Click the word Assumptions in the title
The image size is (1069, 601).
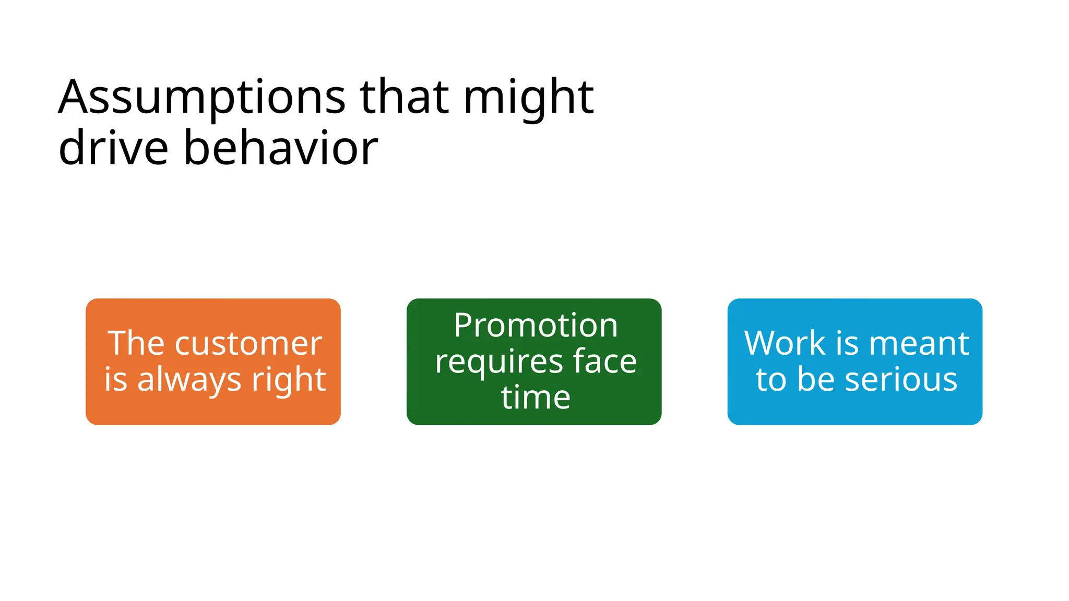pyautogui.click(x=201, y=98)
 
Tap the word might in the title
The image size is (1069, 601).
pyautogui.click(x=528, y=98)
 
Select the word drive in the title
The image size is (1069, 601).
pyautogui.click(x=113, y=149)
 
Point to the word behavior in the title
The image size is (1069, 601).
pyautogui.click(x=281, y=149)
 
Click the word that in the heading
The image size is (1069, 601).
pyautogui.click(x=404, y=98)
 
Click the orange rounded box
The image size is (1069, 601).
pyautogui.click(x=213, y=313)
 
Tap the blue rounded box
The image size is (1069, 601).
pyautogui.click(x=854, y=313)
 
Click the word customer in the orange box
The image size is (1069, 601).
pyautogui.click(x=248, y=344)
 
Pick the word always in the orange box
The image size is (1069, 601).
pyautogui.click(x=190, y=380)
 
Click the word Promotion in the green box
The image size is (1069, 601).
pyautogui.click(x=536, y=326)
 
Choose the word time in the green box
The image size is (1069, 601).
pyautogui.click(x=536, y=398)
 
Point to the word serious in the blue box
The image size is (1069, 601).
pyautogui.click(x=901, y=380)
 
